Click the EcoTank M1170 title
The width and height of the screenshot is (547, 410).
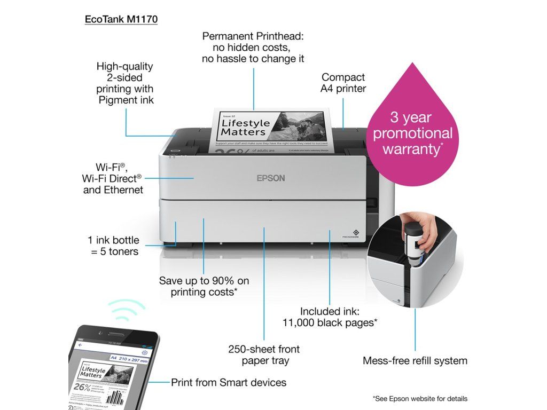tap(121, 19)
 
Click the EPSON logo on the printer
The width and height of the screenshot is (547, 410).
tap(271, 178)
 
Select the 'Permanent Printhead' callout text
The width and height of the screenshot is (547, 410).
tap(253, 47)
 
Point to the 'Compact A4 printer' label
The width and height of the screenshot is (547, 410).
tap(343, 83)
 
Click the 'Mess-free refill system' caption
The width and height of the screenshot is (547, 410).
tap(415, 360)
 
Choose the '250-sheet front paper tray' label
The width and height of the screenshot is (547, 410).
tap(264, 354)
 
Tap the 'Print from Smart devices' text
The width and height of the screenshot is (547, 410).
tap(229, 382)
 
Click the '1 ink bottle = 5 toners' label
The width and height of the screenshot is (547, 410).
tap(113, 246)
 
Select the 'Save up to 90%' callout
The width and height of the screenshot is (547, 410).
tap(204, 286)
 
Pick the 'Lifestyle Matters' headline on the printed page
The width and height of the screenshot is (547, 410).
tap(244, 127)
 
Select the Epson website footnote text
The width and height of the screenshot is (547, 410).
tap(420, 398)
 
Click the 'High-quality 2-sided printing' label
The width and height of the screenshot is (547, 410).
tap(125, 83)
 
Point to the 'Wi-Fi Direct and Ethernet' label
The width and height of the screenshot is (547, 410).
tap(113, 178)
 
